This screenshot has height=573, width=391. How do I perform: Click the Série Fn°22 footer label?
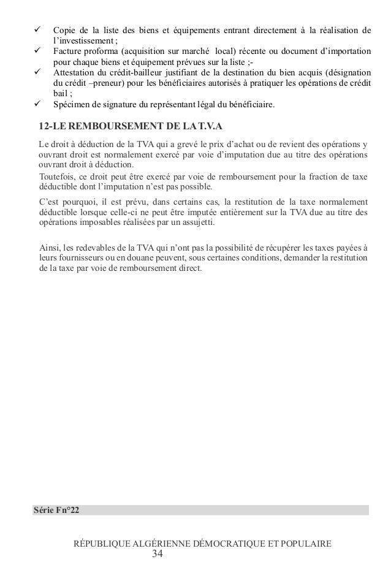[x=57, y=510]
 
